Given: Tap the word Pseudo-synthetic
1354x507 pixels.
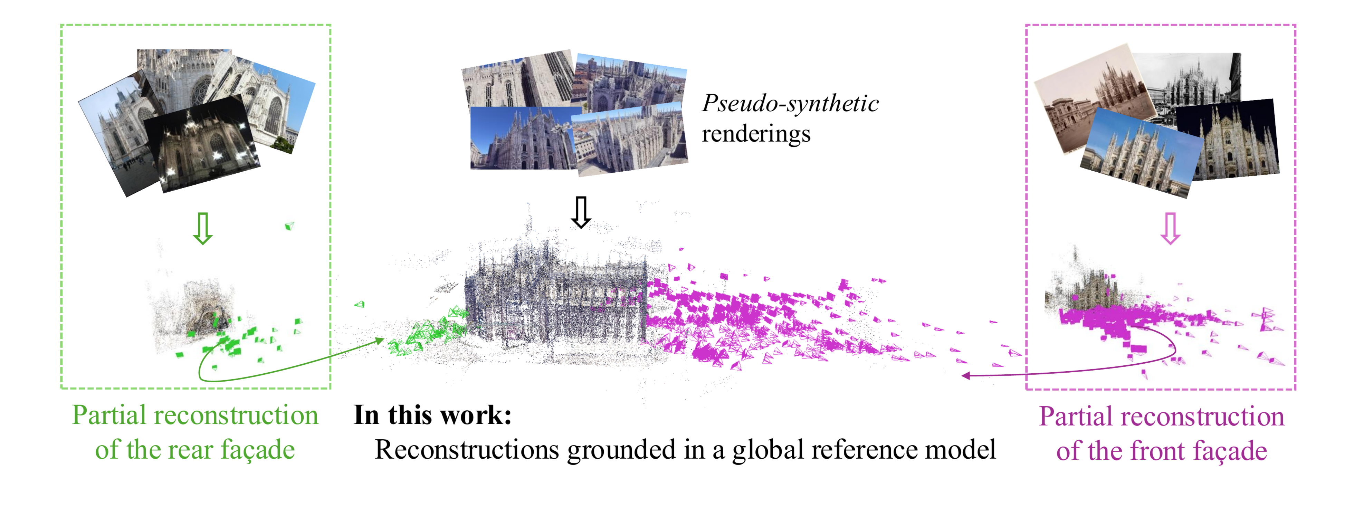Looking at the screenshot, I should tap(790, 104).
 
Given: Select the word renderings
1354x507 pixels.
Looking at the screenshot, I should tap(756, 134).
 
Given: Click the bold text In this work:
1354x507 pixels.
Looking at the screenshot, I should tap(432, 415).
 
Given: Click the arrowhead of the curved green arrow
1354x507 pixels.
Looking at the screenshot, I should tap(381, 341).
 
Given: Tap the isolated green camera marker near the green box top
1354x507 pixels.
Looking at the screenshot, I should tap(289, 226).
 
